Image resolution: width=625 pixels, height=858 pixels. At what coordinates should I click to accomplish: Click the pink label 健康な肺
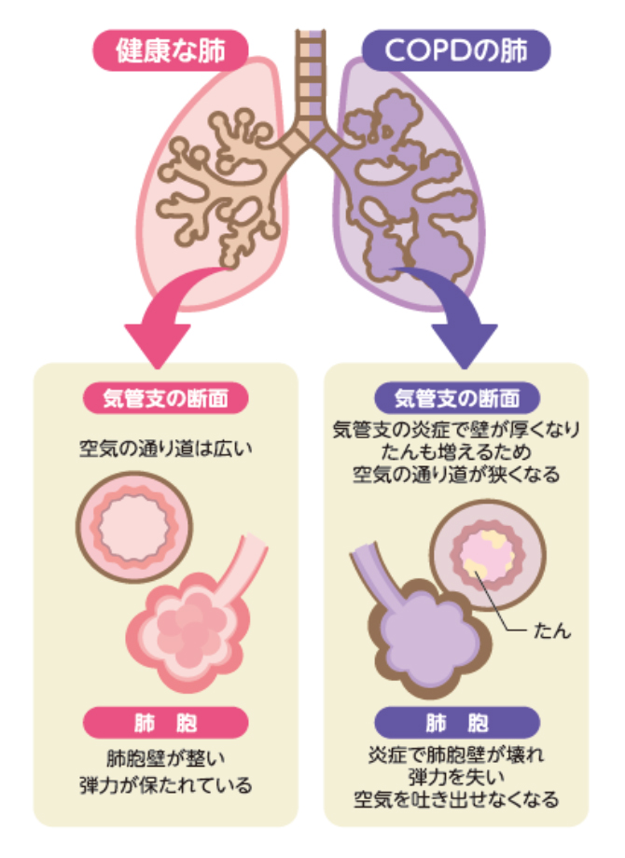[x=171, y=50]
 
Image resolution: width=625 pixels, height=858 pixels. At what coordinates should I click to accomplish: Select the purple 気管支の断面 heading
[x=456, y=399]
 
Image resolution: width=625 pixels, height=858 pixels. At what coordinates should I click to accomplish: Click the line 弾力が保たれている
[x=166, y=785]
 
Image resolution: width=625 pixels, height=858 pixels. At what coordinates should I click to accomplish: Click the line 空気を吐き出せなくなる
[x=456, y=799]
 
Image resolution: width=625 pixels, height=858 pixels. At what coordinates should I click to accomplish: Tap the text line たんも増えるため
[x=456, y=451]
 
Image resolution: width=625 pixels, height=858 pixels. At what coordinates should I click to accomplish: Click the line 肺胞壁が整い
[x=166, y=757]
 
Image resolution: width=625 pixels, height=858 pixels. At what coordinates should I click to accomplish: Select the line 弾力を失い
[x=456, y=776]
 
